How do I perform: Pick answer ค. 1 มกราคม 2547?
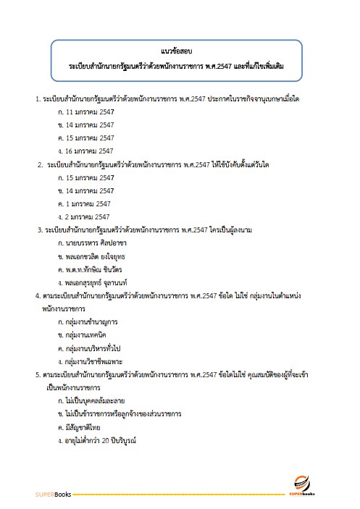pos(83,203)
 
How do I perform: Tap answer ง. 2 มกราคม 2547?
pos(83,216)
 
